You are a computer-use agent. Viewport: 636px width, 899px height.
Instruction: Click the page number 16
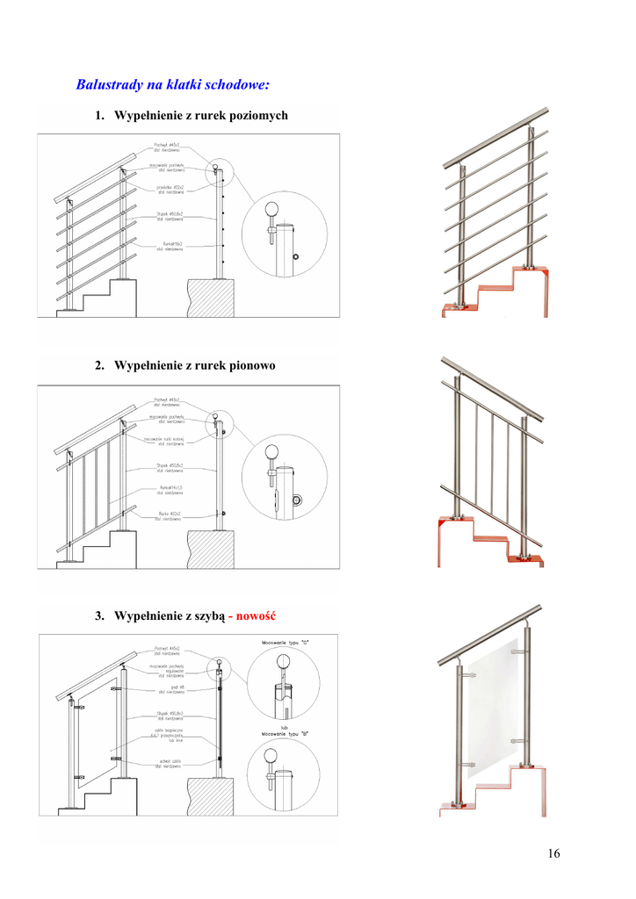point(553,853)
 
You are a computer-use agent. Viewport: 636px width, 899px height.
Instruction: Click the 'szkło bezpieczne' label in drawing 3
point(167,730)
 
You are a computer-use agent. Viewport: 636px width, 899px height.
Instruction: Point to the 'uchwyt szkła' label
point(170,761)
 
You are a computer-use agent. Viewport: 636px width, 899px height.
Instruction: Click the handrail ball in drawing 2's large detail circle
point(273,453)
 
